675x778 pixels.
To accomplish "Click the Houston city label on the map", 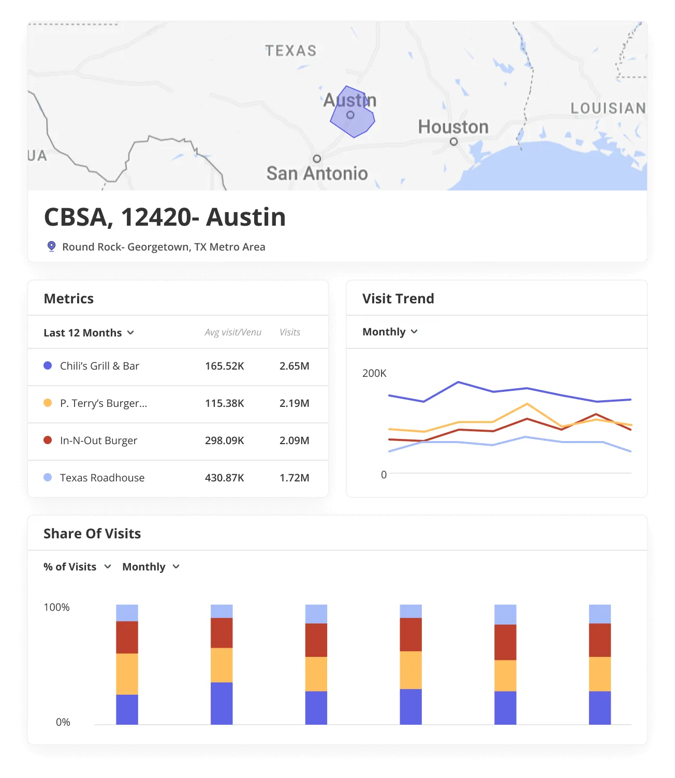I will point(453,127).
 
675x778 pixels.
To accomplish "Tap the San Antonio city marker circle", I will point(317,159).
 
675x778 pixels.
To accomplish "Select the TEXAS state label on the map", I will point(291,51).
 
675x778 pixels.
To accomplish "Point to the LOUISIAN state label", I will point(608,108).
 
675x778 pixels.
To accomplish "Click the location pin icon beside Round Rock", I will point(51,246).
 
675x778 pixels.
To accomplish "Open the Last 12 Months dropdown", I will point(89,333).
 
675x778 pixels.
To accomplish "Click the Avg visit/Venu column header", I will point(233,332).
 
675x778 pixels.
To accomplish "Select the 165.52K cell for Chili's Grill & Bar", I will point(224,366).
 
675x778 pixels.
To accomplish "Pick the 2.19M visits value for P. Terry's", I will point(294,403).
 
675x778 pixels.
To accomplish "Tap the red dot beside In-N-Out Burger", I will point(48,440).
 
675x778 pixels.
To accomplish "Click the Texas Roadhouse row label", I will point(102,478).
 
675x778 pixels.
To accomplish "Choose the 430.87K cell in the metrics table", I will point(224,478).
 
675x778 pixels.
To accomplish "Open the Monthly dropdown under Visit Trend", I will point(390,332).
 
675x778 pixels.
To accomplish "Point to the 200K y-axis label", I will point(374,373).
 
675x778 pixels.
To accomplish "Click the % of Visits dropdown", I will point(77,567).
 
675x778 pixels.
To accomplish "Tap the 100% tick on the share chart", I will point(56,607).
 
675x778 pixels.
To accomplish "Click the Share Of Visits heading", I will point(92,534).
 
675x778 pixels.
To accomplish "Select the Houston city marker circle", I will point(453,141).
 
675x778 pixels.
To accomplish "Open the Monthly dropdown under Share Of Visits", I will point(151,567).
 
